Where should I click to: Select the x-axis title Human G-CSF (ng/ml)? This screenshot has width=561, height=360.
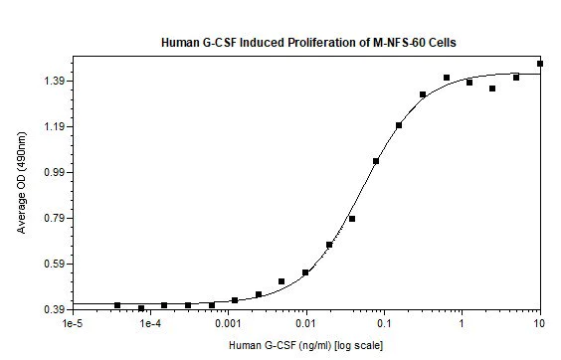(271, 345)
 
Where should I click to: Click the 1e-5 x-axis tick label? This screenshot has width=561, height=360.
(72, 325)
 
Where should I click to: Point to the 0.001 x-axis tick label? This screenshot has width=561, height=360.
(229, 325)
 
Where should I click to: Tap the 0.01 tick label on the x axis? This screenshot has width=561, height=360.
(307, 325)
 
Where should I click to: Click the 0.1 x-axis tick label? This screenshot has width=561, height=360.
(385, 325)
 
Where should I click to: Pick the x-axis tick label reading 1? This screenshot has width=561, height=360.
(463, 325)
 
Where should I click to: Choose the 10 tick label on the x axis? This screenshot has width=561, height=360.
(540, 325)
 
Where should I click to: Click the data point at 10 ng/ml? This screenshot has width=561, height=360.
(540, 64)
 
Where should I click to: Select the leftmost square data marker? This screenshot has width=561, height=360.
(117, 305)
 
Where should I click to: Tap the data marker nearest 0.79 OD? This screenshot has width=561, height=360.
(352, 219)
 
